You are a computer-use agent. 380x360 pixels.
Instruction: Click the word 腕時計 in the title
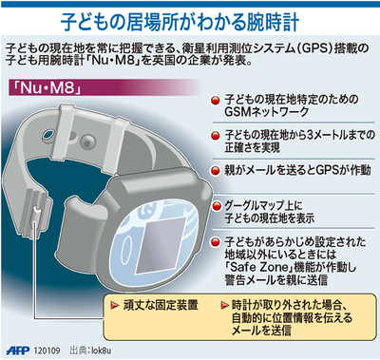(x=280, y=19)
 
